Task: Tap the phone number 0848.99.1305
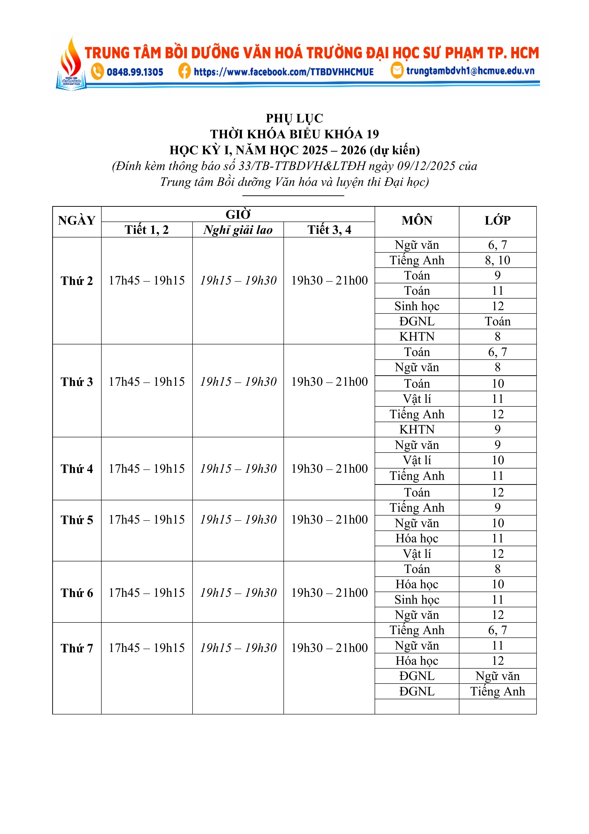coord(135,72)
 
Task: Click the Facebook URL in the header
coord(283,72)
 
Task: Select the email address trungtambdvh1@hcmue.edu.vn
coord(470,71)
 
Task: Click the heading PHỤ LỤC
coord(294,118)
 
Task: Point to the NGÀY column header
coord(77,221)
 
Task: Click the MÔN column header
coord(417,221)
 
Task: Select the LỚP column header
coord(498,221)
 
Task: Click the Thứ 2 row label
coord(77,281)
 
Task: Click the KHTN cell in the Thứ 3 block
coord(417,429)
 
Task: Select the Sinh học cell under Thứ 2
coord(417,306)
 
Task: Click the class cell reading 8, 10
coord(498,260)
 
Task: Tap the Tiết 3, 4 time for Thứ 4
coord(329,469)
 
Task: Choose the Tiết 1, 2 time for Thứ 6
coord(147,593)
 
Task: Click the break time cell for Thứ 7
coord(238,648)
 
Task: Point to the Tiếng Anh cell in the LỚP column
coord(498,691)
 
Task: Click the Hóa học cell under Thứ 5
coord(417,538)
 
